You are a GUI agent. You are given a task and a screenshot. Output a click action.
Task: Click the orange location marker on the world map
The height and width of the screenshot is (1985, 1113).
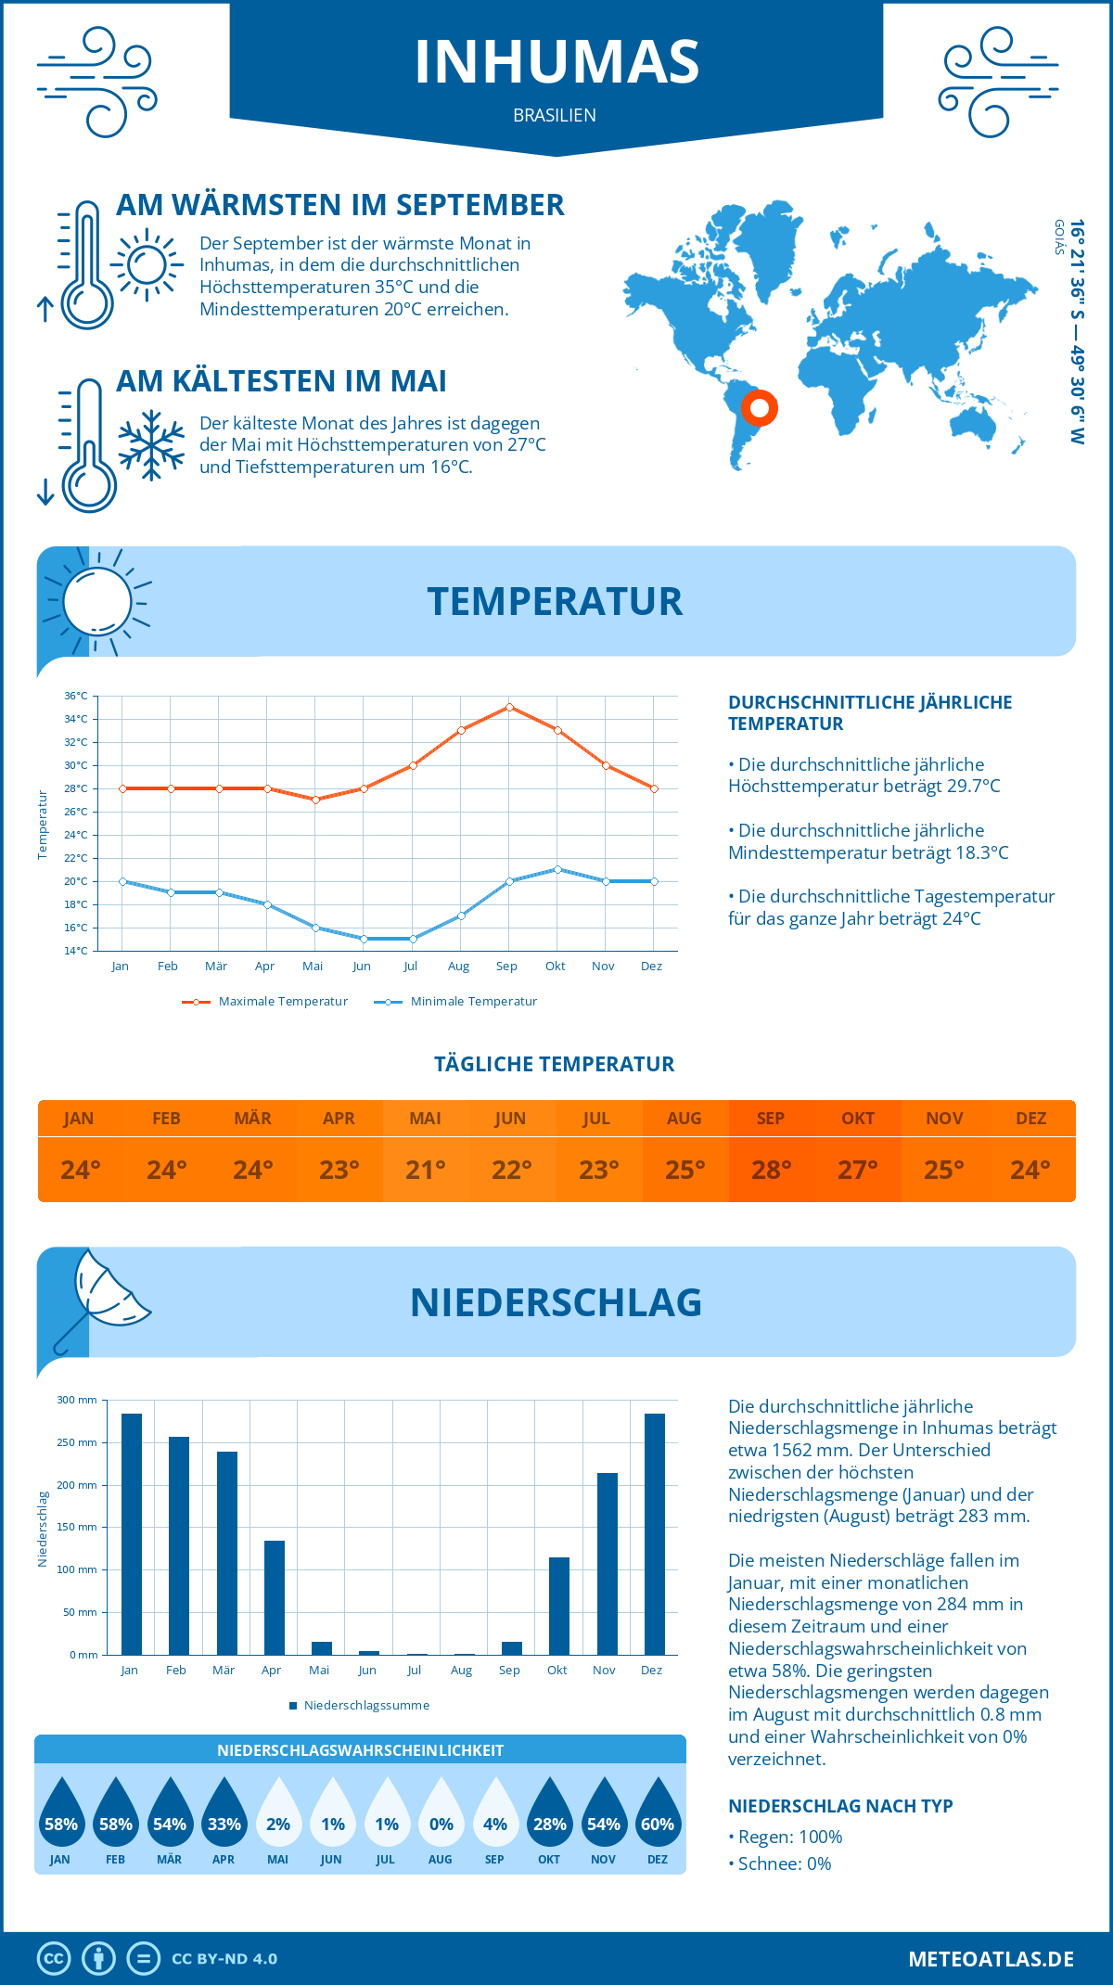[x=760, y=407]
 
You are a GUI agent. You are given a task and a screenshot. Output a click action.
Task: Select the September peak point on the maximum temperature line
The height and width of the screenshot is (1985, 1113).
[x=509, y=707]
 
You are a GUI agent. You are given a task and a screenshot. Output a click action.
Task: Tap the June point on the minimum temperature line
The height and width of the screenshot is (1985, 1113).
[x=364, y=939]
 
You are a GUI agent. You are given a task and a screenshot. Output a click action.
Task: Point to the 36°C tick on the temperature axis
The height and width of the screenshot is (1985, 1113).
[x=76, y=696]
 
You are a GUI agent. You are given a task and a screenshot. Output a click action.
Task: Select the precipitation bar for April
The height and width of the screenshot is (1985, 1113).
[x=275, y=1597]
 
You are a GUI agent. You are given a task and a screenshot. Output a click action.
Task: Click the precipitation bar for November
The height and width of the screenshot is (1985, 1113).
[x=608, y=1564]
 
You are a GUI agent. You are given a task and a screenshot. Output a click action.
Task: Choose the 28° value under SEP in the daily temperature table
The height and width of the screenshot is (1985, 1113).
[x=771, y=1170]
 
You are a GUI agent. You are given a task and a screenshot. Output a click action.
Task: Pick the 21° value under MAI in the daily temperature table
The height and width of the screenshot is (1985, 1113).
[x=426, y=1170]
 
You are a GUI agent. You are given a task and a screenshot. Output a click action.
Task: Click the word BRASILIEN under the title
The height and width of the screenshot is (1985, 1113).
[x=555, y=115]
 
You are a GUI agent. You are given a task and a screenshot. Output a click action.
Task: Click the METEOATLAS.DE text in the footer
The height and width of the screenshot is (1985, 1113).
[x=991, y=1959]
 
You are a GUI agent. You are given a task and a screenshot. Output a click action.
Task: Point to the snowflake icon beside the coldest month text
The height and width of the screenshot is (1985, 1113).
[x=151, y=445]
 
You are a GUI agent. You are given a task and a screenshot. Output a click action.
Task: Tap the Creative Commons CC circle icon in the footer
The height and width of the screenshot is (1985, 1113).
[x=54, y=1959]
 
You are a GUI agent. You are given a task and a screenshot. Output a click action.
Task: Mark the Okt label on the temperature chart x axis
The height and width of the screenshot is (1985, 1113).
[x=555, y=966]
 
